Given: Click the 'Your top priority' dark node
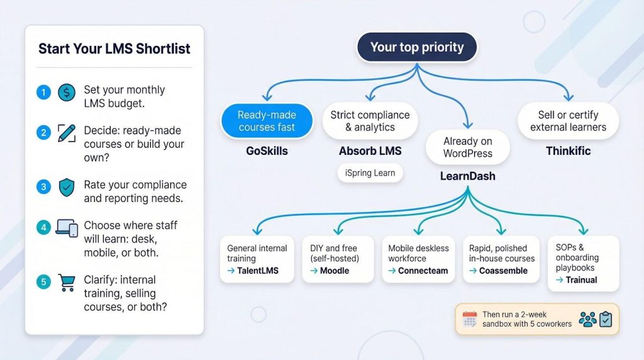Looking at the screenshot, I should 416,47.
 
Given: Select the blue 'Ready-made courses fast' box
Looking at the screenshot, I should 267,121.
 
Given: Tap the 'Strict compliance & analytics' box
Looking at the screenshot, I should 370,121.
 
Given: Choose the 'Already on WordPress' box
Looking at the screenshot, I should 467,147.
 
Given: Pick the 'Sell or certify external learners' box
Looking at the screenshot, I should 568,121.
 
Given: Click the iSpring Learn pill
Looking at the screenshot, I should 370,173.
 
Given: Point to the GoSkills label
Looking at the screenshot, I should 267,151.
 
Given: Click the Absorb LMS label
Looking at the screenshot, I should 370,151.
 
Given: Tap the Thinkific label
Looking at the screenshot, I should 568,151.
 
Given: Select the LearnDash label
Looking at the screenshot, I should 467,176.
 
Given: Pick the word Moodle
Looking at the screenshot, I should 334,271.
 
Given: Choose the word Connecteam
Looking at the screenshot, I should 423,271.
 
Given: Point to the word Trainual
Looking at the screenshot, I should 581,279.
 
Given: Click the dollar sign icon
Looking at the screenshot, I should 66,93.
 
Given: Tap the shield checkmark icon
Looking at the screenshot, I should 66,187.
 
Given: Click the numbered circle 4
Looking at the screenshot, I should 43,228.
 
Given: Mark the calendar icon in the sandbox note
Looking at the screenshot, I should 470,319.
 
